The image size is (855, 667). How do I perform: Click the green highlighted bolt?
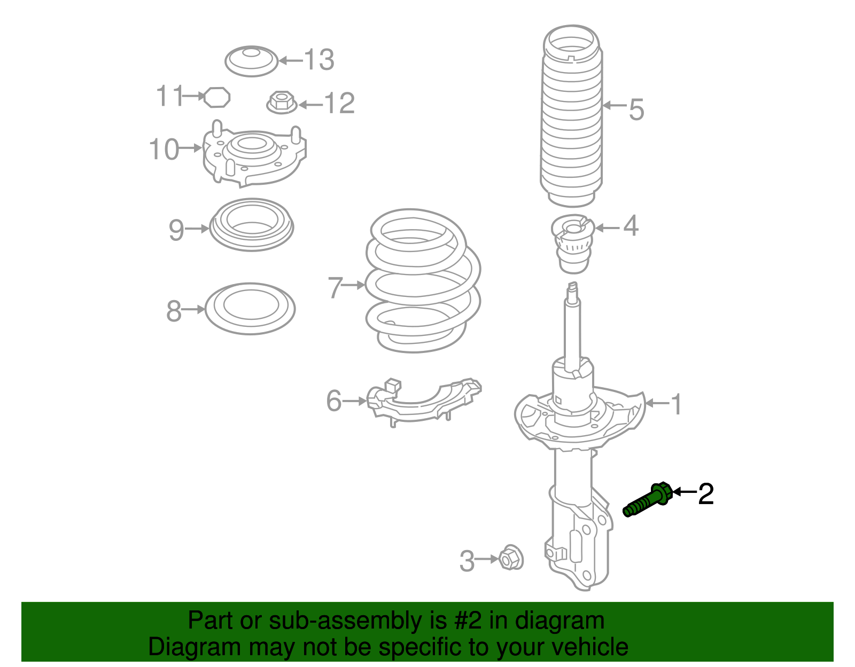pyautogui.click(x=648, y=500)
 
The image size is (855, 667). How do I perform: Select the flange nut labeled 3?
pyautogui.click(x=511, y=559)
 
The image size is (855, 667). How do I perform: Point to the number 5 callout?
pyautogui.click(x=636, y=109)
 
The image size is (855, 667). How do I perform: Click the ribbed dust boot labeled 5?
pyautogui.click(x=571, y=123)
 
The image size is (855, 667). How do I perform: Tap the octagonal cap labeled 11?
pyautogui.click(x=217, y=97)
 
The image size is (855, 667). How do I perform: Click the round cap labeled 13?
pyautogui.click(x=251, y=61)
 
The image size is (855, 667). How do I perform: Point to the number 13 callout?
pyautogui.click(x=320, y=60)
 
